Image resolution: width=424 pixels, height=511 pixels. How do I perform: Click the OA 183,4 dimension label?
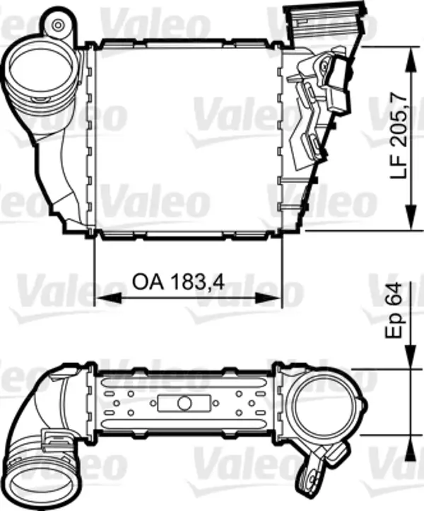coord(178,281)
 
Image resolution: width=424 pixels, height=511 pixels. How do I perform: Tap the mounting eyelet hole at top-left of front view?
coord(59,27)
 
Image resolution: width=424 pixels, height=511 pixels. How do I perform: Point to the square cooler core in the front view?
coord(188,138)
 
